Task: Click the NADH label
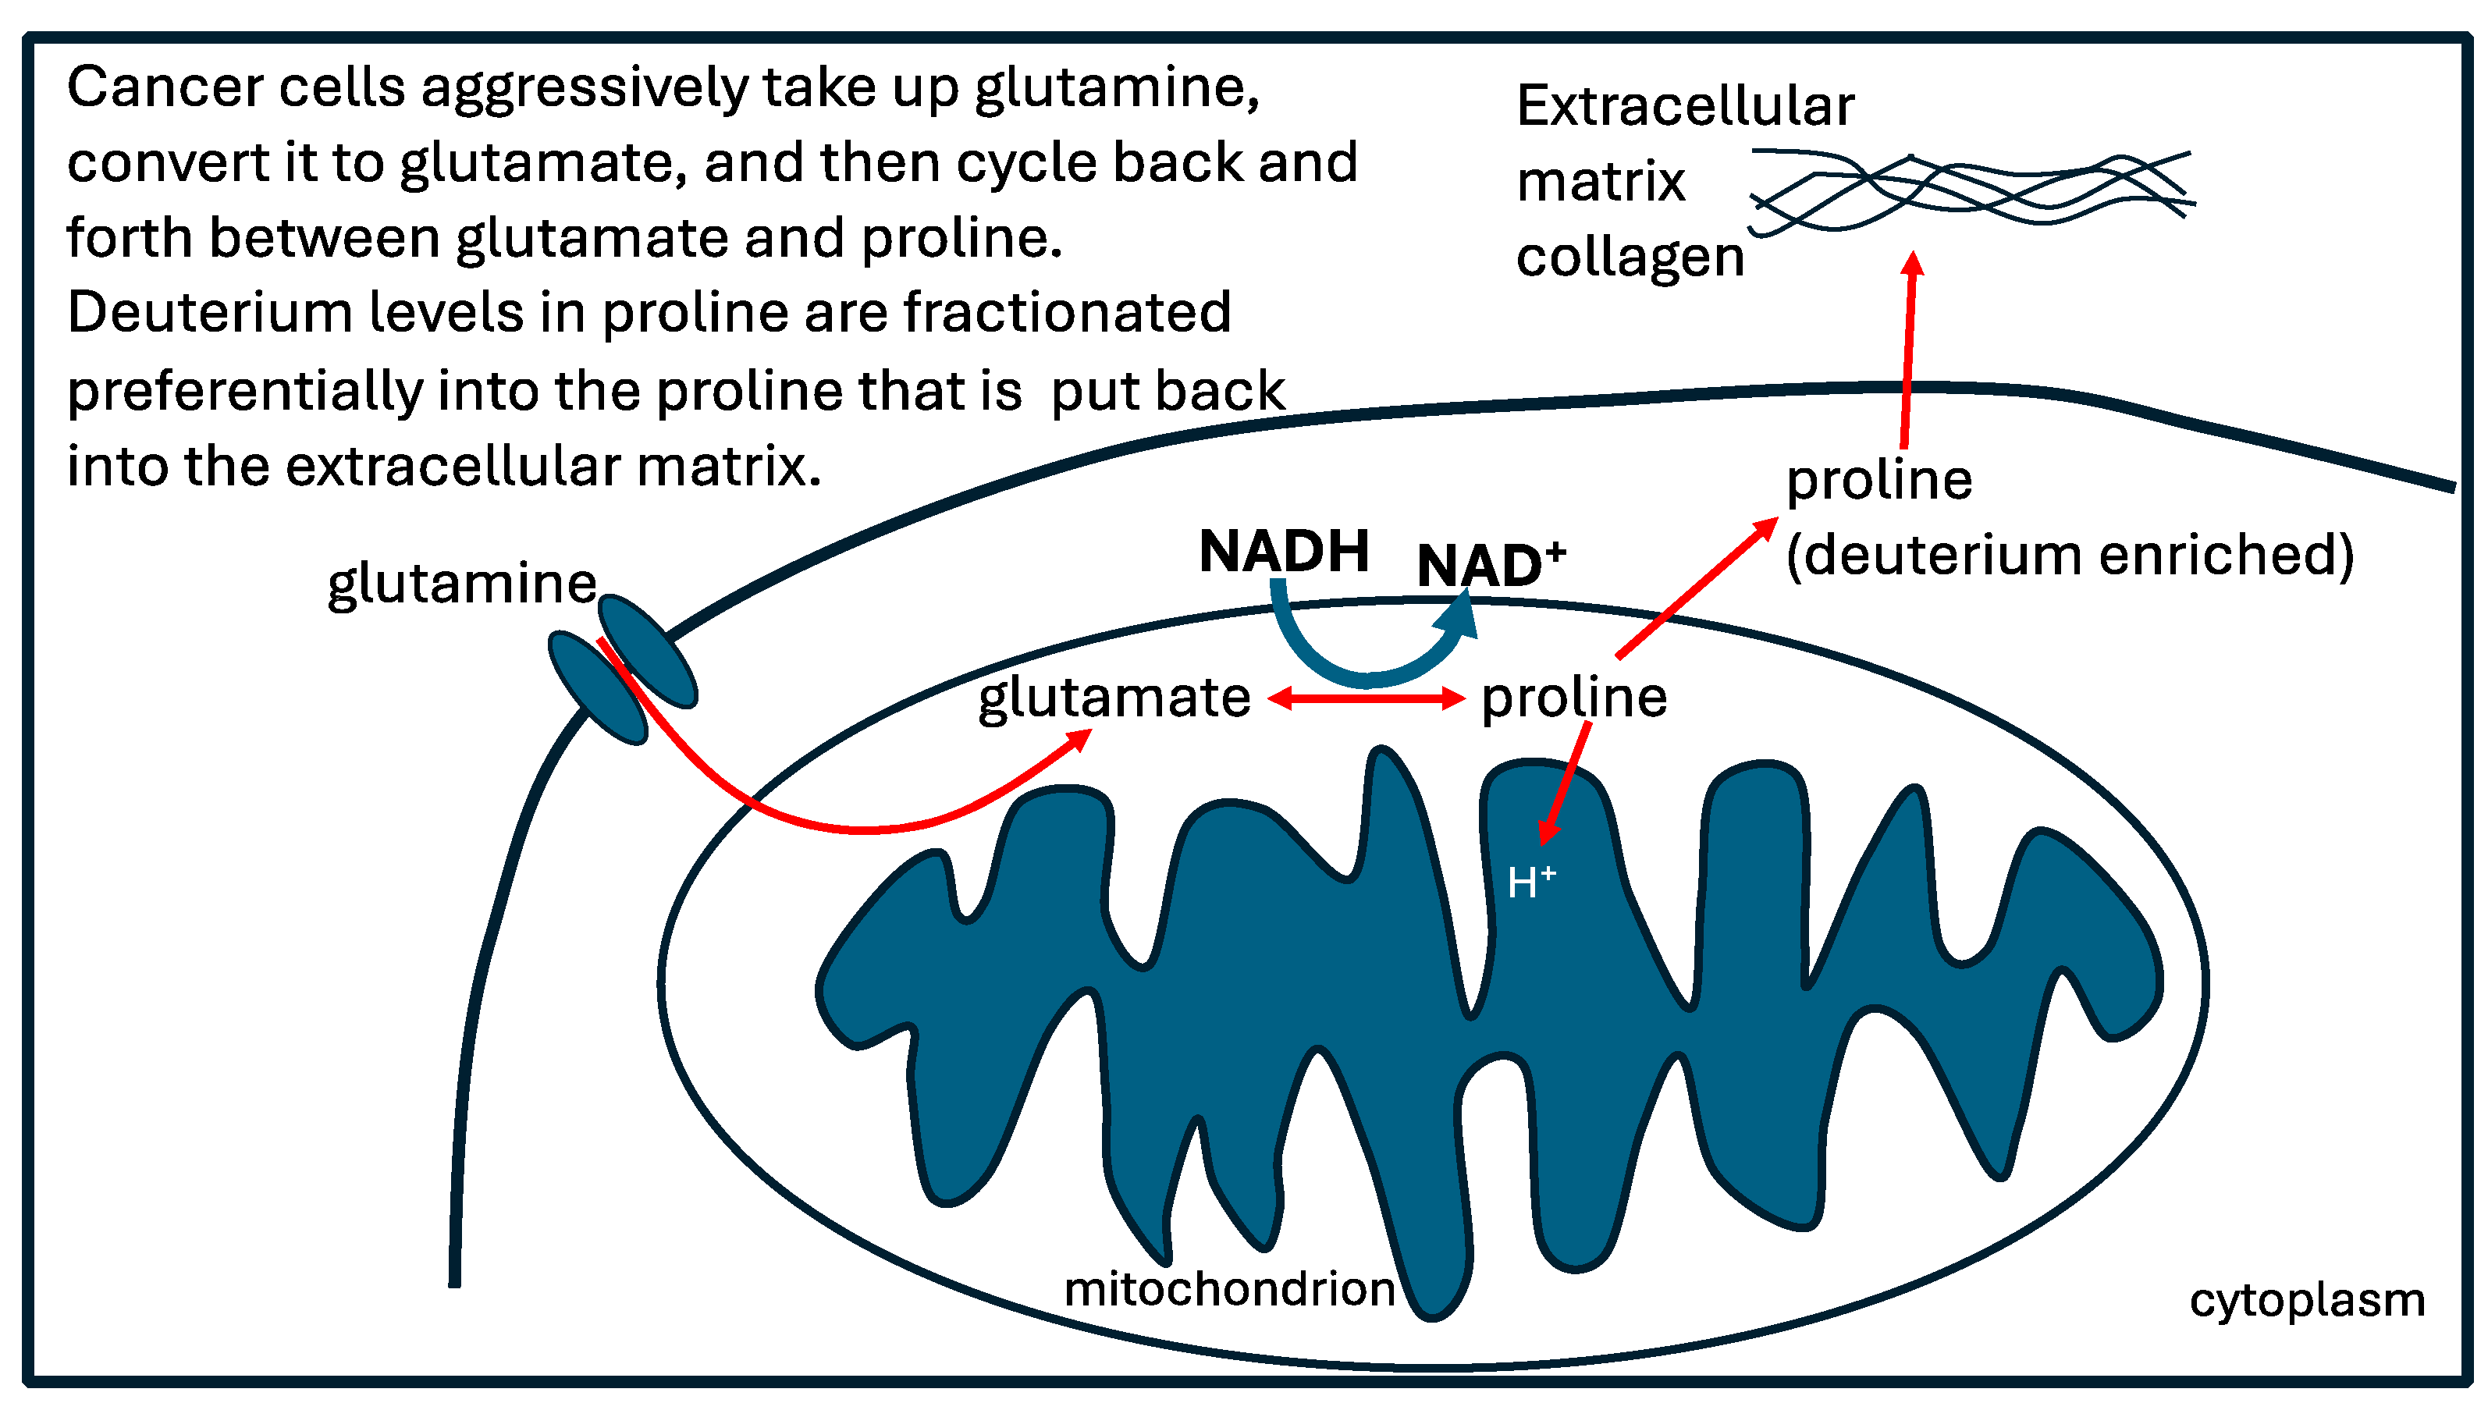click(1284, 552)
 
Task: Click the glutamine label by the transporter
click(462, 584)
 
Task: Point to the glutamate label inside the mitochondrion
click(1114, 698)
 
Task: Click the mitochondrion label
click(1228, 1289)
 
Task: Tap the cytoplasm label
click(2306, 1300)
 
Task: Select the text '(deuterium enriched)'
click(2069, 556)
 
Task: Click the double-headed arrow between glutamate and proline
click(1366, 698)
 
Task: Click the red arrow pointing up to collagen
click(1908, 347)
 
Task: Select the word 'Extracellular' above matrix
click(1684, 106)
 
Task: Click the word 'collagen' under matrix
click(1630, 258)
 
